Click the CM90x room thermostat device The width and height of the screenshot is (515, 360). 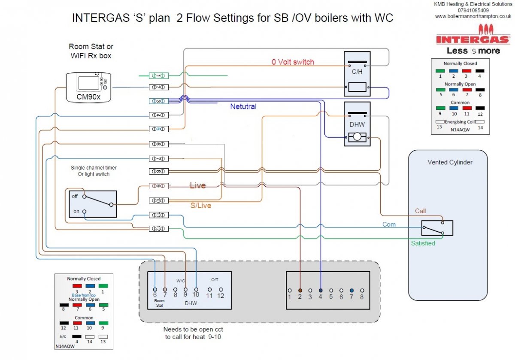88,87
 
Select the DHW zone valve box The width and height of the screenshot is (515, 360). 357,124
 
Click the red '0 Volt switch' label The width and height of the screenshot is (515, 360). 293,62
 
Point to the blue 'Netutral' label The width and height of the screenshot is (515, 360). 243,106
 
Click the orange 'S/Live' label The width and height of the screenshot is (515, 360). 201,206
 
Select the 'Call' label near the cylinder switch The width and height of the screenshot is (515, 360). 420,211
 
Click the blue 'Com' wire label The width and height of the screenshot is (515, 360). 389,224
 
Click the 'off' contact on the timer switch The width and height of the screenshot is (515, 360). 85,197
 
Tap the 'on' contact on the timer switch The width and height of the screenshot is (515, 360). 85,212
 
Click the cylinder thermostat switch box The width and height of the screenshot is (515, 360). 437,228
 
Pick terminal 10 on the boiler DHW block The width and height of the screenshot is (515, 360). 196,290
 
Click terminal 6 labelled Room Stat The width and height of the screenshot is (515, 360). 154,290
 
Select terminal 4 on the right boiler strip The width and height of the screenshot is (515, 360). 321,290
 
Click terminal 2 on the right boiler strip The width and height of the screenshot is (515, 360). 300,290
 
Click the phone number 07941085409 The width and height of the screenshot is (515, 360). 473,10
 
